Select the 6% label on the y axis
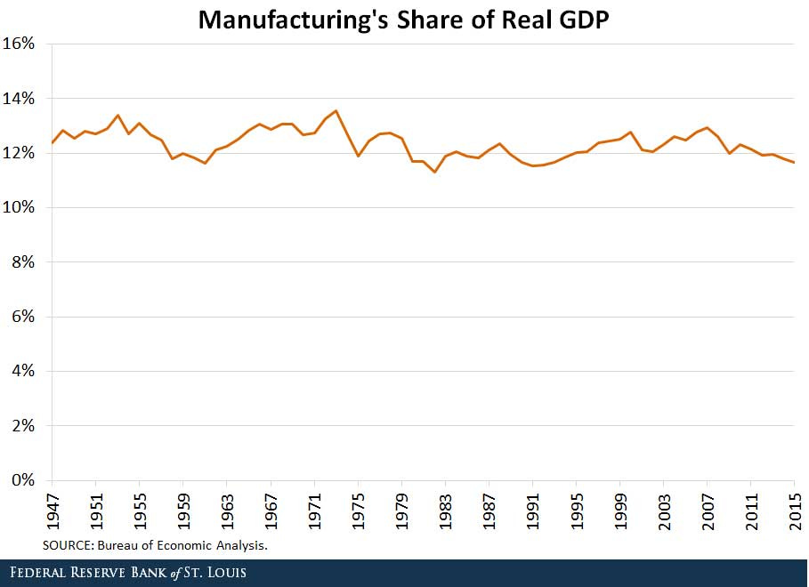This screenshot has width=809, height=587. coord(24,317)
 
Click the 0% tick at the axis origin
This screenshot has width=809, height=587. coord(24,480)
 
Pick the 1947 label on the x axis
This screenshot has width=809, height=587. coord(53,511)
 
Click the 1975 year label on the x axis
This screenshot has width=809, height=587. coord(358,511)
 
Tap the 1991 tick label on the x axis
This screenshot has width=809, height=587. coord(532,511)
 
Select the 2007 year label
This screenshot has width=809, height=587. coord(707,511)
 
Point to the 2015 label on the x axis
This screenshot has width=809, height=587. coord(794,511)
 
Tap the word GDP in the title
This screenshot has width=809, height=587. coord(579,19)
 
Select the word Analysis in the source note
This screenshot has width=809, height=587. coord(239,545)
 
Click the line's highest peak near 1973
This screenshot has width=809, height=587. coord(336,111)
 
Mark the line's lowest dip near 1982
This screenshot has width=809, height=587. coord(434,172)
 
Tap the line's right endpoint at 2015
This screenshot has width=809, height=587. coord(794,162)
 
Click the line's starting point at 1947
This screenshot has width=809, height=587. coord(53,142)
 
